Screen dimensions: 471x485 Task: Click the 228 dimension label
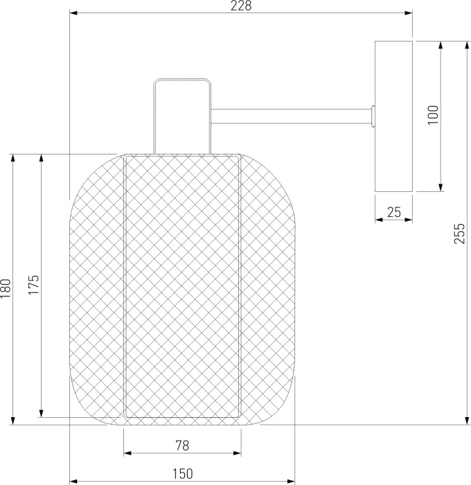coord(241,6)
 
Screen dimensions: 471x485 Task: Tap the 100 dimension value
coord(434,115)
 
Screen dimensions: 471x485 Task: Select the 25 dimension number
coord(394,212)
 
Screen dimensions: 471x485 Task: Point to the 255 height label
coord(459,233)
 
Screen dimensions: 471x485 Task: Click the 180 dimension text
coord(6,288)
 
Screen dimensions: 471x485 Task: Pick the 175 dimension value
coord(34,285)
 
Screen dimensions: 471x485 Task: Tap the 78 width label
coord(182,446)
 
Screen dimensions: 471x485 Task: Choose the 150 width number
coord(182,473)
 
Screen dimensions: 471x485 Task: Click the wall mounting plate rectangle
coord(393,116)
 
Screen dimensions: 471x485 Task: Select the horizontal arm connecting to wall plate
coord(291,116)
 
